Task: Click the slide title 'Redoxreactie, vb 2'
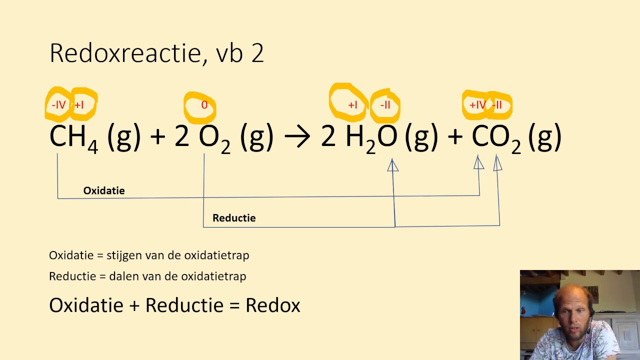[x=156, y=53]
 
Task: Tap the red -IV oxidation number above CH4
[x=58, y=105]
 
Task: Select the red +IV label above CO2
[x=477, y=105]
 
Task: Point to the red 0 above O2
[x=204, y=105]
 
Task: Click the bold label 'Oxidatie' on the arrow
[x=104, y=190]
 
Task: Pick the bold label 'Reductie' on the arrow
[x=234, y=218]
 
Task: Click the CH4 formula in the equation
[x=73, y=137]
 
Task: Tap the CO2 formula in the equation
[x=496, y=137]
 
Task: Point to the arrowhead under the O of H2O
[x=393, y=165]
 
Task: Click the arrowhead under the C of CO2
[x=479, y=162]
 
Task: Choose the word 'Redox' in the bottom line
[x=273, y=305]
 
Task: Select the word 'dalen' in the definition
[x=120, y=276]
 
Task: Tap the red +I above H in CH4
[x=79, y=105]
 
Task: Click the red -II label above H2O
[x=385, y=105]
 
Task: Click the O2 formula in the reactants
[x=214, y=137]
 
